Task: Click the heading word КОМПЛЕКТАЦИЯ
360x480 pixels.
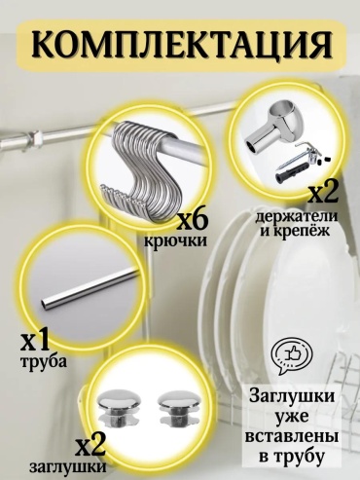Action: coord(181,47)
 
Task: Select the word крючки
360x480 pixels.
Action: coord(175,241)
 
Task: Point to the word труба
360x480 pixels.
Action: coord(44,361)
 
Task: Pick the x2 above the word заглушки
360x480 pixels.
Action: coord(90,448)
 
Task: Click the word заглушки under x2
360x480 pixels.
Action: coord(68,467)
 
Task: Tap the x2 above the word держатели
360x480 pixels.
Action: coord(323,194)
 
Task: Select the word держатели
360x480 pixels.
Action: coord(297,216)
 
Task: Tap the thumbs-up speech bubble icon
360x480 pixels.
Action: coord(292,356)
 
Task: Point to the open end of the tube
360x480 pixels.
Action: coord(45,304)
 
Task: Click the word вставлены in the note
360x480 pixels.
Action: coord(291,436)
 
